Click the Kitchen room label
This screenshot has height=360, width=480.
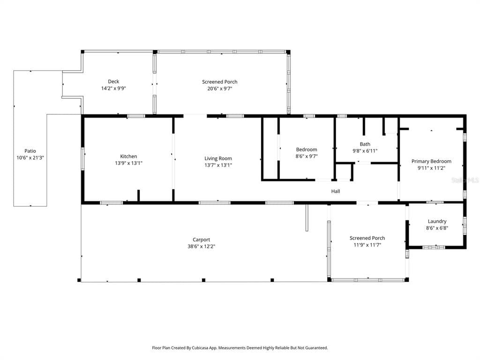click(x=128, y=157)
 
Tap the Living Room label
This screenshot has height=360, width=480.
click(x=218, y=158)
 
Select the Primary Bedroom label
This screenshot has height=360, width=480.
click(x=431, y=161)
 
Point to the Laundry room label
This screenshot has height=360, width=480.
click(x=437, y=221)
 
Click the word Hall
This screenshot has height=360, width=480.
click(x=336, y=191)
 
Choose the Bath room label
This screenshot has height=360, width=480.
click(x=365, y=144)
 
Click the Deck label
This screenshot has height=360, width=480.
click(x=113, y=82)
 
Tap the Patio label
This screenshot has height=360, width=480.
click(x=30, y=151)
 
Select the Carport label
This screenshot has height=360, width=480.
click(x=201, y=240)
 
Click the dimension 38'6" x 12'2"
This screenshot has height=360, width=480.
click(x=201, y=246)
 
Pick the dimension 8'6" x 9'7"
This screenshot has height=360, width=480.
click(x=307, y=156)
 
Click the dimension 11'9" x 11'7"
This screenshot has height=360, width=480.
click(x=367, y=244)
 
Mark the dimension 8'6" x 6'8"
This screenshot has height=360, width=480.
click(x=437, y=228)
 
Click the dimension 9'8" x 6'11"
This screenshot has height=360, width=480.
click(x=365, y=151)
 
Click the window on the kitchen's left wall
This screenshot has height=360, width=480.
click(x=83, y=158)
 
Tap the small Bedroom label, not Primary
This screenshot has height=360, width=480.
click(x=307, y=150)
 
